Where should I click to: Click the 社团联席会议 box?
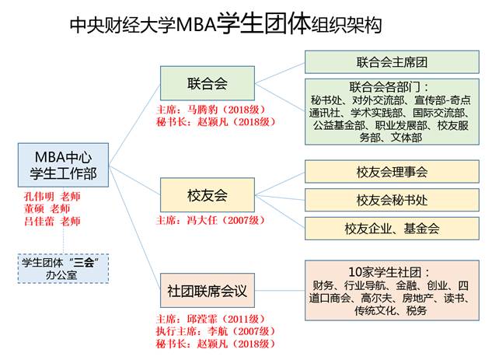point(208,292)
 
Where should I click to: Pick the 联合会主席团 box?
point(392,61)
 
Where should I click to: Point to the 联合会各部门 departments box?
point(392,110)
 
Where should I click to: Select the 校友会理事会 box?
point(392,172)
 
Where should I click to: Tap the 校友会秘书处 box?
point(392,200)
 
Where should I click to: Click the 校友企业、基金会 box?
point(392,229)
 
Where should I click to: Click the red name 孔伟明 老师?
point(52,196)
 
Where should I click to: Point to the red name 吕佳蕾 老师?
point(52,221)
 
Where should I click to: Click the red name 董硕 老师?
point(47,208)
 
